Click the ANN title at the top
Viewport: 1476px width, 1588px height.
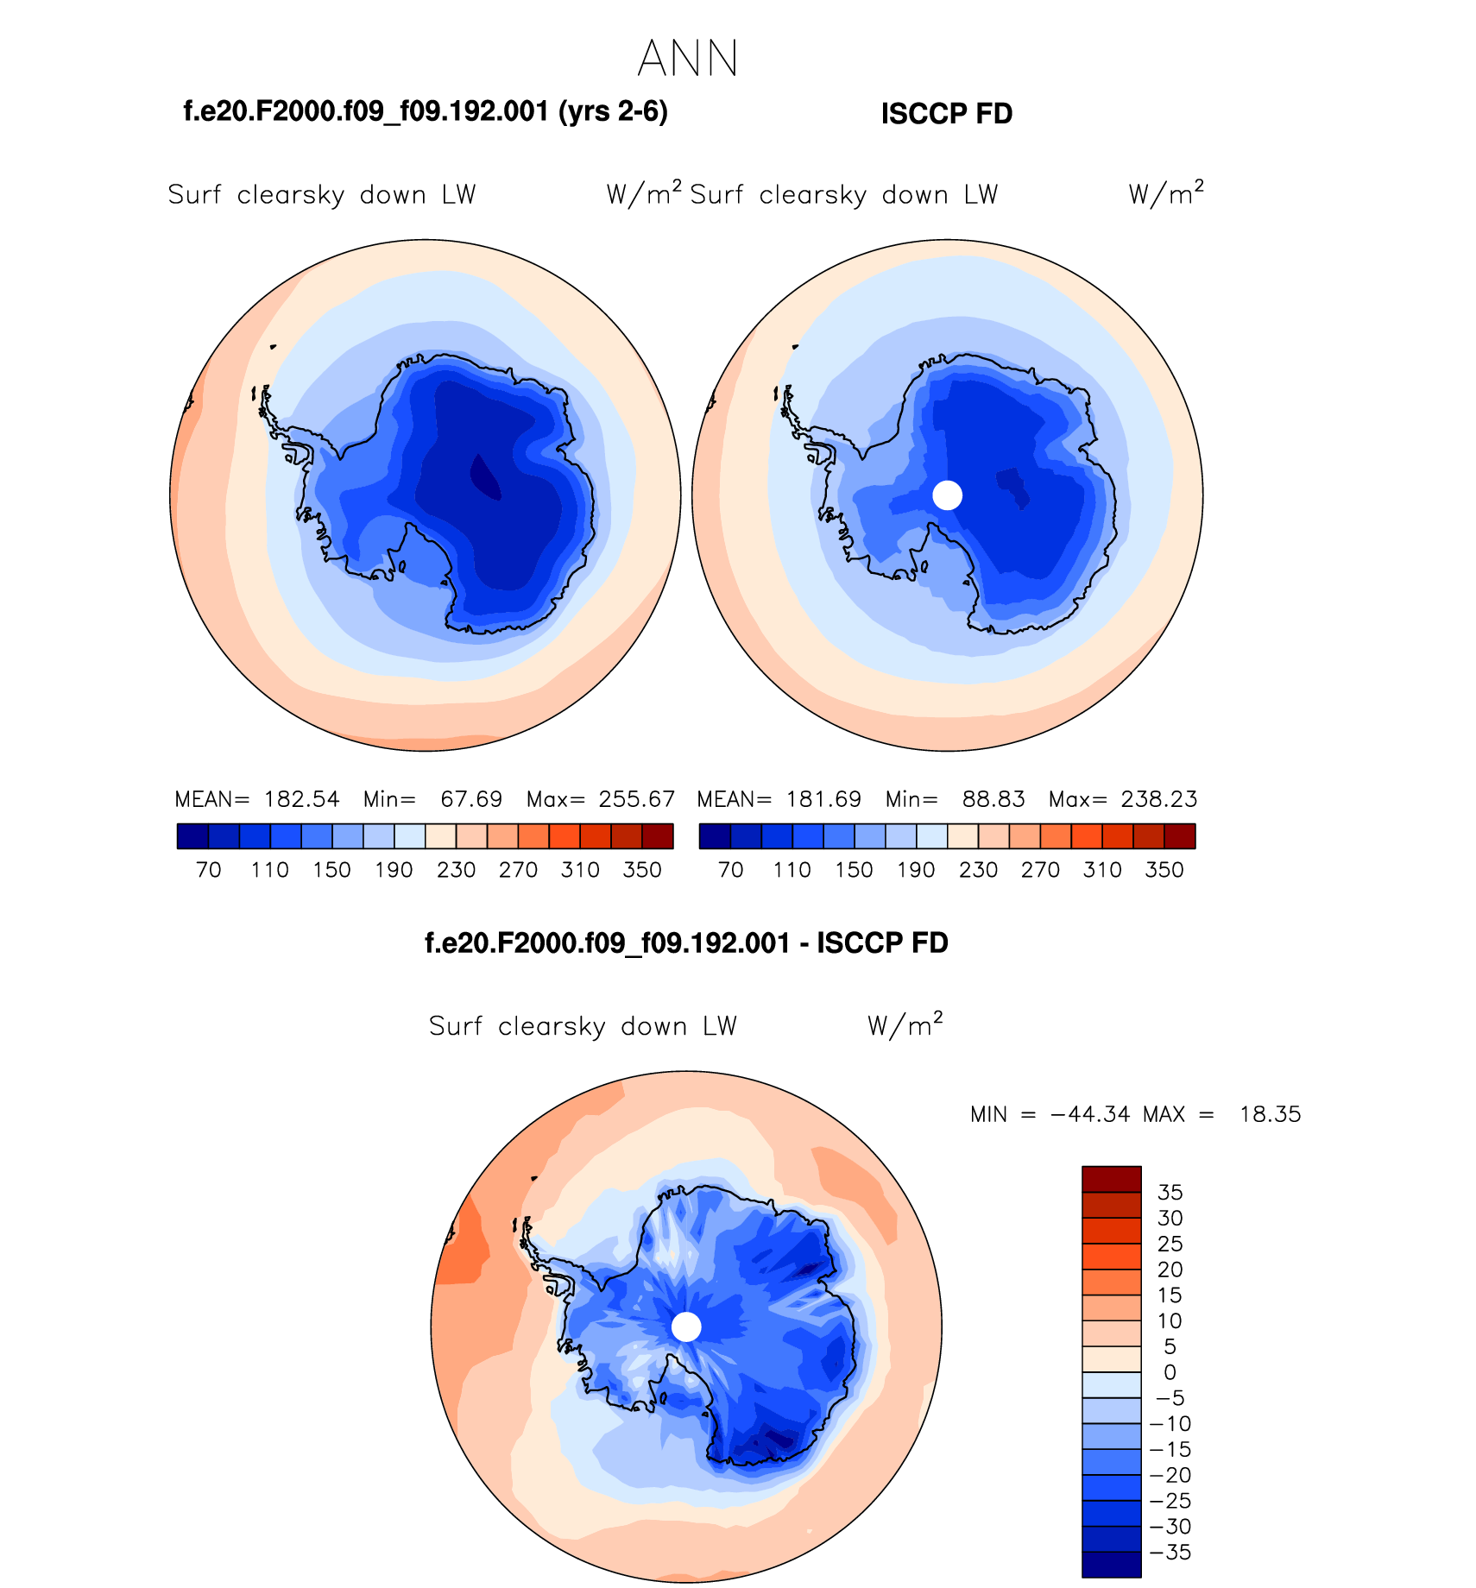point(688,59)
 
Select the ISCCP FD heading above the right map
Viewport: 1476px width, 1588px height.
point(946,114)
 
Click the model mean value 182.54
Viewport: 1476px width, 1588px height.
point(302,799)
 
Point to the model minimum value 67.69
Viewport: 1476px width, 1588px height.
point(471,799)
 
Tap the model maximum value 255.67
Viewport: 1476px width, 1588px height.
point(637,799)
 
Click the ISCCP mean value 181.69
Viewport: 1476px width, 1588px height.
point(823,799)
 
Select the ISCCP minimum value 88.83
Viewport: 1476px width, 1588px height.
point(993,799)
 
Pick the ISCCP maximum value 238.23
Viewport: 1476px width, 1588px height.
point(1159,799)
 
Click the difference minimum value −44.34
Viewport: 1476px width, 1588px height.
point(1090,1114)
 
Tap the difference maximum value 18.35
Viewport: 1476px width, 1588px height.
point(1270,1114)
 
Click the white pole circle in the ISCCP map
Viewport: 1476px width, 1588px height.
point(948,495)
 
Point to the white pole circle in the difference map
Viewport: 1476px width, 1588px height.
point(686,1326)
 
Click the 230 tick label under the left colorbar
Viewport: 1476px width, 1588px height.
point(457,870)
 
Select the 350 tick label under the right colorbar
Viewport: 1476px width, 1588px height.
point(1164,870)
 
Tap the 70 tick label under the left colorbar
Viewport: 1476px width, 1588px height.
point(209,870)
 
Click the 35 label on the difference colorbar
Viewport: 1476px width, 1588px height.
point(1170,1193)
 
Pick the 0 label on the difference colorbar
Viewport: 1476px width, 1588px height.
point(1170,1372)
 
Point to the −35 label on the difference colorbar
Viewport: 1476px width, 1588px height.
point(1170,1553)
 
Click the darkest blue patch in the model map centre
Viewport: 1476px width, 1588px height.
point(484,476)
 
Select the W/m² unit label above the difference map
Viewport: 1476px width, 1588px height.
point(905,1024)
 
